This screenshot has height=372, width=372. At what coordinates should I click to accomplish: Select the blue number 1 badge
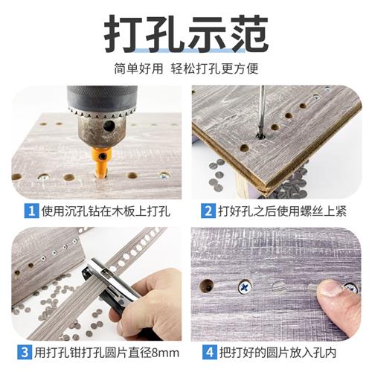click(31, 211)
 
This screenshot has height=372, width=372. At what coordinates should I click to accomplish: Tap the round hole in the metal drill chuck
click(110, 127)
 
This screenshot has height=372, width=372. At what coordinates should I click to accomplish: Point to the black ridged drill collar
click(101, 100)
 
